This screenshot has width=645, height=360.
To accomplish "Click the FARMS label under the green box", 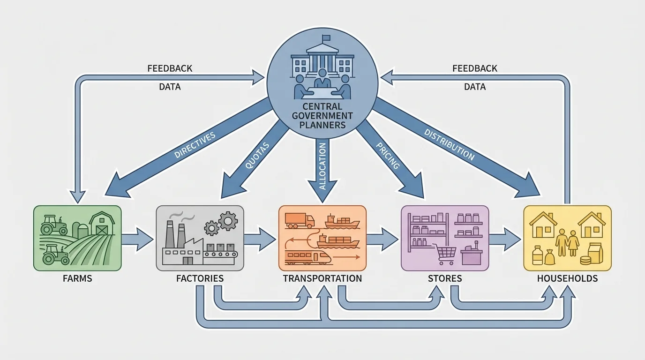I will (x=77, y=278).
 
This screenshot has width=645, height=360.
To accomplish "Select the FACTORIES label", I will (x=200, y=278).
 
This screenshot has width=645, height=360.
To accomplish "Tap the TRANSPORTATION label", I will (x=322, y=278).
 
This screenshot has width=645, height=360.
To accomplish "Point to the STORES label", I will (x=445, y=278).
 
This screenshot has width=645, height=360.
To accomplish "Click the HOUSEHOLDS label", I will (x=567, y=278).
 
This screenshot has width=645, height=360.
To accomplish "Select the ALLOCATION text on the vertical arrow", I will (x=322, y=166).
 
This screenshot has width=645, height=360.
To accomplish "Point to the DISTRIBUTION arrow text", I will (x=449, y=145).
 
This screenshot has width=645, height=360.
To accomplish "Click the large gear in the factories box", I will (x=228, y=220).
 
